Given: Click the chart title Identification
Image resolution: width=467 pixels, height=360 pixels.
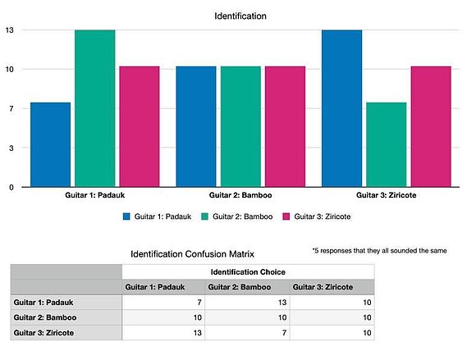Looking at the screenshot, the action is [x=240, y=16].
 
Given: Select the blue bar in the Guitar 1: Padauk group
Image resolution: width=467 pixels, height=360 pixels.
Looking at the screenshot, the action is [x=51, y=144].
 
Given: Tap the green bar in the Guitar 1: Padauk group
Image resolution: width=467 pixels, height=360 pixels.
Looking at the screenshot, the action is [x=95, y=108].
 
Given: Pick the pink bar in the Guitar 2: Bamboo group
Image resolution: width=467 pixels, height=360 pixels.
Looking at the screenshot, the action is [x=286, y=126].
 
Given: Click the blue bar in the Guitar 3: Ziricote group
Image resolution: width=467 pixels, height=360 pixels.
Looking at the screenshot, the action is [x=342, y=108].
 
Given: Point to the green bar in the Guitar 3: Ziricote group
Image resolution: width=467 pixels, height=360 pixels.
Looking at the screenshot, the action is [x=387, y=144].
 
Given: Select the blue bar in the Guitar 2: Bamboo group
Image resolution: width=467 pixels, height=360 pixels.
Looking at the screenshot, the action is [x=196, y=126].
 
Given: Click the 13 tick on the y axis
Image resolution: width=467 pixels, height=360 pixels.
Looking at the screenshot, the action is [x=10, y=30].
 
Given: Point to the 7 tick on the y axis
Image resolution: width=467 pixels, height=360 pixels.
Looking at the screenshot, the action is [x=11, y=108].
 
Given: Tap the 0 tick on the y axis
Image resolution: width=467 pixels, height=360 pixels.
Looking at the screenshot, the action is [x=11, y=188].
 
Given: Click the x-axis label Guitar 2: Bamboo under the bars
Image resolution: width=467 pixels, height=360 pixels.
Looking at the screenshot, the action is [x=240, y=195].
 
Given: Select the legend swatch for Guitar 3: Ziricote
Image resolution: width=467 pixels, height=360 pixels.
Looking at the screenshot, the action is [x=286, y=216].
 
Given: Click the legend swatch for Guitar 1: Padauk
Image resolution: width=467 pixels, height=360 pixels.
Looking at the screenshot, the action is [x=126, y=216].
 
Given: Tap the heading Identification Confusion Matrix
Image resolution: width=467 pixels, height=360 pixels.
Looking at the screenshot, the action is [x=192, y=254].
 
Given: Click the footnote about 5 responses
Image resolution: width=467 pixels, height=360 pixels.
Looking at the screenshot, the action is [x=379, y=251].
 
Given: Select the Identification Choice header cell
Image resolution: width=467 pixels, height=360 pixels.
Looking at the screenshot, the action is [x=248, y=272].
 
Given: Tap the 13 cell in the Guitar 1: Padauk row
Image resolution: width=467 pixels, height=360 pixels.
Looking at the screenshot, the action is [x=248, y=303].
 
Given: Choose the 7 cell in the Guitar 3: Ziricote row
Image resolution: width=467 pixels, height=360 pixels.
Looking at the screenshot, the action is [x=248, y=333].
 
